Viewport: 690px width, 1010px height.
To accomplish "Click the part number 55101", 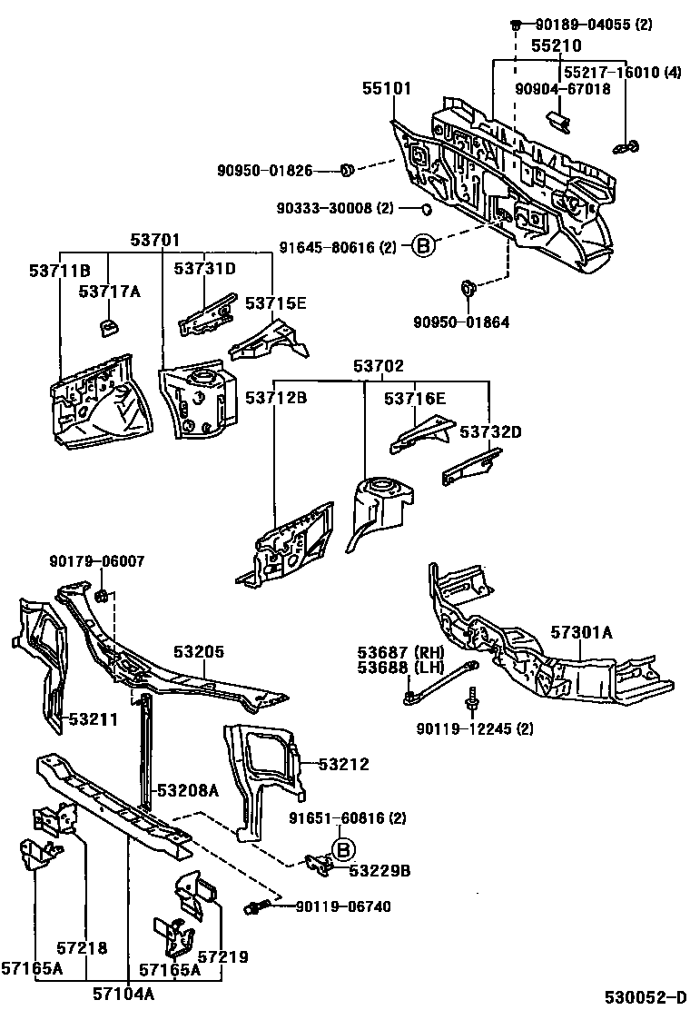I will (388, 89).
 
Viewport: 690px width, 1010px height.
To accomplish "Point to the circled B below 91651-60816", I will (342, 850).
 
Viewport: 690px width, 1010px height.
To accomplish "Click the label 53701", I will (154, 241).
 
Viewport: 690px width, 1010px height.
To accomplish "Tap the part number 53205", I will (199, 652).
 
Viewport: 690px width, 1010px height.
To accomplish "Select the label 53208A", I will (188, 790).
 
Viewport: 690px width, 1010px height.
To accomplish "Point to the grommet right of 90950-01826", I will (347, 169).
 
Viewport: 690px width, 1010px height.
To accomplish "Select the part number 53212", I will (344, 765).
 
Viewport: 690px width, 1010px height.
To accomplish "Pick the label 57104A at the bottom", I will (123, 995).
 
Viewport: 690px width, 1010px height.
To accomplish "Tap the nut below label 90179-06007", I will (103, 596).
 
